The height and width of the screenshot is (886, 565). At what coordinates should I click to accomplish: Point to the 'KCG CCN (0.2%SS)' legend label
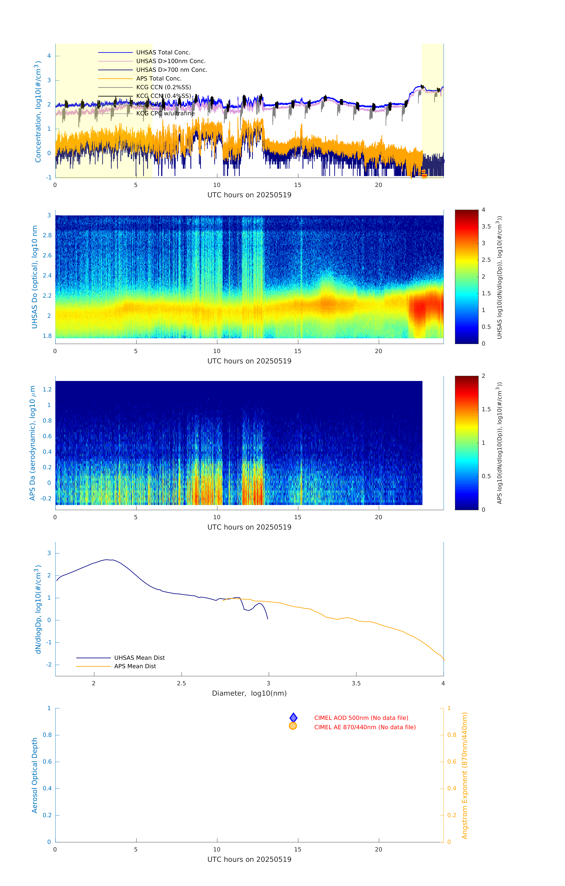pyautogui.click(x=163, y=87)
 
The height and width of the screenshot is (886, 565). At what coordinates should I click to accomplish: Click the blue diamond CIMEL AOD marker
pyautogui.click(x=293, y=718)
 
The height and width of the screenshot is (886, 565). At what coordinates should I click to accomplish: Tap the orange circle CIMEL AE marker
pyautogui.click(x=293, y=726)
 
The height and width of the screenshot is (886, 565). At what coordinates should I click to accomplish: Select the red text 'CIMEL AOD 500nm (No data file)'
pyautogui.click(x=361, y=718)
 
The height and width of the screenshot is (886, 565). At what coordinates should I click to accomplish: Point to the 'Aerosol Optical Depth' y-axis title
pyautogui.click(x=35, y=775)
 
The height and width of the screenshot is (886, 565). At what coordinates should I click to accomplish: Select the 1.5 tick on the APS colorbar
pyautogui.click(x=486, y=409)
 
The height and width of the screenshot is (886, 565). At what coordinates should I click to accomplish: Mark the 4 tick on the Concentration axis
pyautogui.click(x=49, y=56)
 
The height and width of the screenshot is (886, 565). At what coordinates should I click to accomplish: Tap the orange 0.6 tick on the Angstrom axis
pyautogui.click(x=452, y=762)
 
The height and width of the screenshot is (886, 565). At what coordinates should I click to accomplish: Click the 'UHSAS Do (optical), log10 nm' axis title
pyautogui.click(x=35, y=277)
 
